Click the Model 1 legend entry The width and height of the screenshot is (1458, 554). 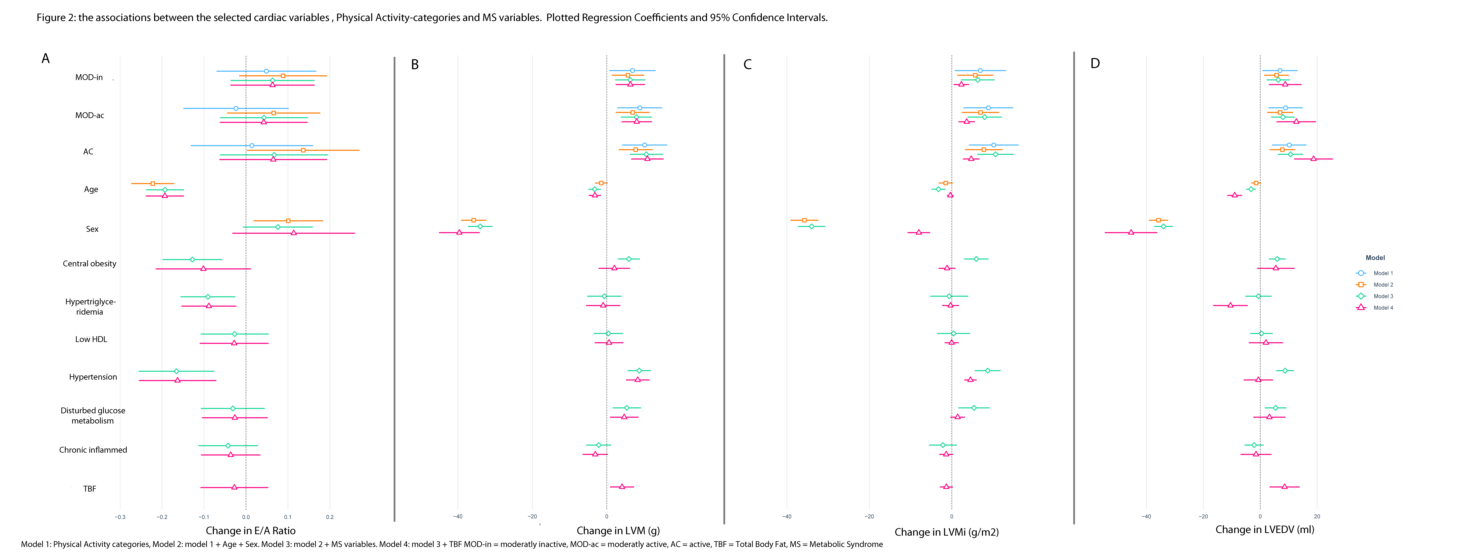click(x=1383, y=273)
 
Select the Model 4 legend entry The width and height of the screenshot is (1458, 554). click(x=1383, y=308)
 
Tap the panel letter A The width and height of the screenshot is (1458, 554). click(x=45, y=59)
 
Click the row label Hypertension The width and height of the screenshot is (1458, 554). click(x=93, y=377)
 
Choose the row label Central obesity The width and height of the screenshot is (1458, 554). click(x=89, y=264)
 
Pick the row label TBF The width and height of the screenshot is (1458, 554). click(x=89, y=489)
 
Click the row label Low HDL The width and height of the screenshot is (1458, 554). click(x=91, y=340)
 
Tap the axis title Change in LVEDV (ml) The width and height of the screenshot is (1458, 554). click(x=1264, y=530)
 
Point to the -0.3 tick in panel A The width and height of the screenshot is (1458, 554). click(x=120, y=517)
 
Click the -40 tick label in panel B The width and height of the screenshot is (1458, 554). click(x=457, y=517)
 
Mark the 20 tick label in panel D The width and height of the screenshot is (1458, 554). click(x=1317, y=517)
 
